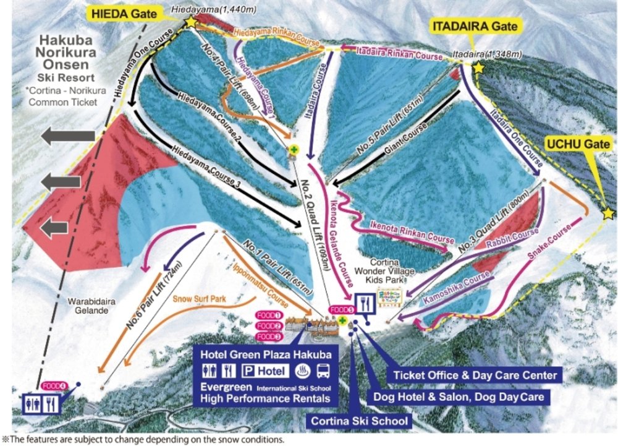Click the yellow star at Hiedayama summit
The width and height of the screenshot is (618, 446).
point(189,22)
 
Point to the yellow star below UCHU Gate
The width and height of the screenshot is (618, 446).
point(608,213)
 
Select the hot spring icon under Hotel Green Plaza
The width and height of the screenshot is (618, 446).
point(303,371)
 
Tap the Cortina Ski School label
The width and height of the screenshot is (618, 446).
point(360,421)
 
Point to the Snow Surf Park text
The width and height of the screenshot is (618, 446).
point(199,299)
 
